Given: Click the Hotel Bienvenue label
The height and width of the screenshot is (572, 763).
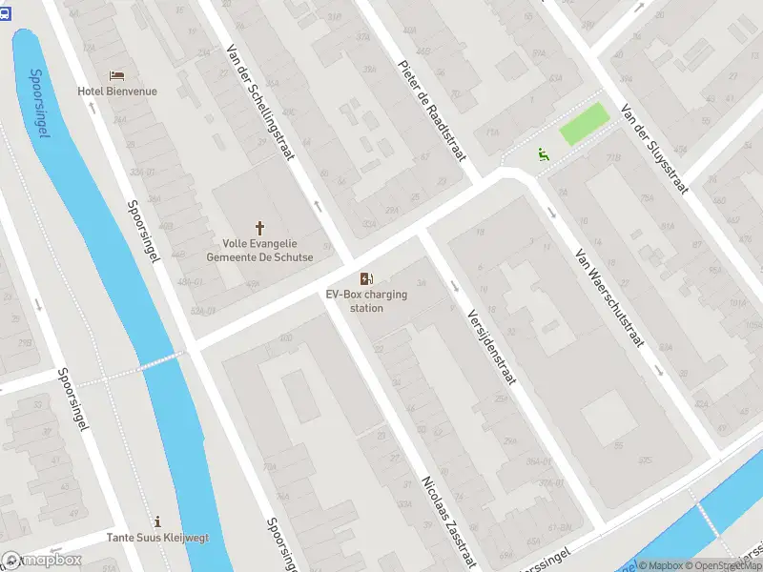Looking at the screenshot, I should pyautogui.click(x=117, y=92).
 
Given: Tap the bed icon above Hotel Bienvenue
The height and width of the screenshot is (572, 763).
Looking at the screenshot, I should pyautogui.click(x=117, y=75).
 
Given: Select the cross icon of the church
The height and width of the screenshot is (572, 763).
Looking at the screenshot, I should pyautogui.click(x=259, y=228).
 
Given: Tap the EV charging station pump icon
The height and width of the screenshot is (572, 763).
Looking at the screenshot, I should pyautogui.click(x=366, y=278).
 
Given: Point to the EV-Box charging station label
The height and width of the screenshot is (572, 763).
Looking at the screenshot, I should pyautogui.click(x=366, y=301).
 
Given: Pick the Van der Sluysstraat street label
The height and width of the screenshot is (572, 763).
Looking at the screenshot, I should pyautogui.click(x=653, y=148).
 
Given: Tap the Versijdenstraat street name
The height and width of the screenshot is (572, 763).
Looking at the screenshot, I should pyautogui.click(x=491, y=345).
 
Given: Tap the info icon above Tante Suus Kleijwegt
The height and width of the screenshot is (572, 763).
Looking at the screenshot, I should pyautogui.click(x=157, y=521).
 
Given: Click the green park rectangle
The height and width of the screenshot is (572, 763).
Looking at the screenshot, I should pyautogui.click(x=583, y=125).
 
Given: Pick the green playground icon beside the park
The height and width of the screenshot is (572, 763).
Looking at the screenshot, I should pyautogui.click(x=543, y=153).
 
